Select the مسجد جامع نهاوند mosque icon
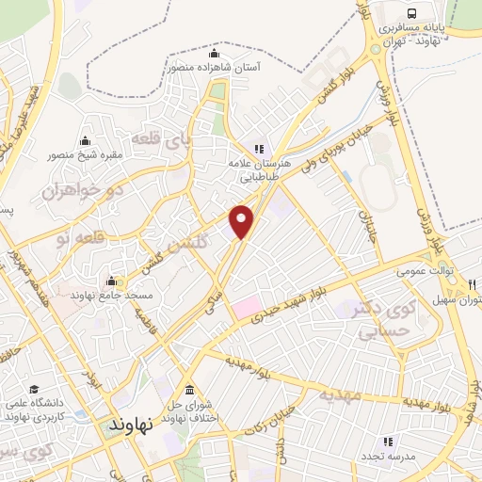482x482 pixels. (x=112, y=281)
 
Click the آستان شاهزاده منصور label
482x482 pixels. (x=215, y=68)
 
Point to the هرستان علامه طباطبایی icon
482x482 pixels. (x=259, y=148)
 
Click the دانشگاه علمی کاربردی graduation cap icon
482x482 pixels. (x=35, y=390)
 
